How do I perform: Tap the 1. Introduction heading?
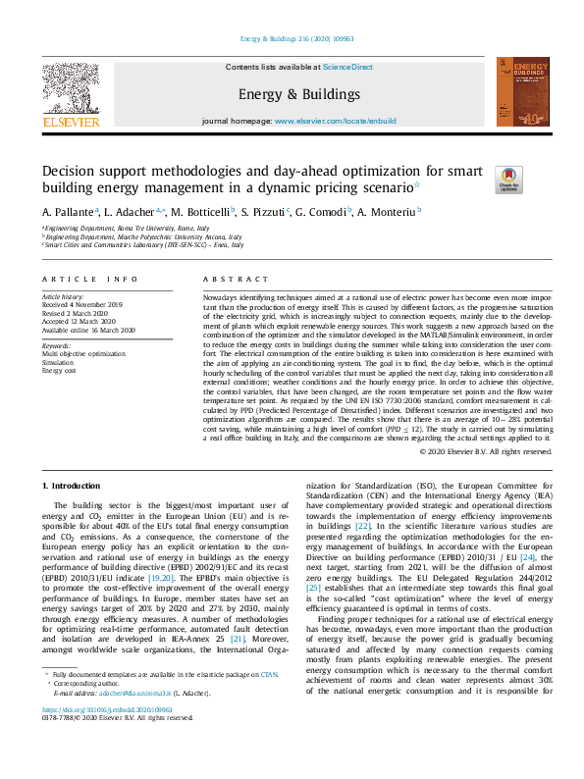(x=75, y=486)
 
